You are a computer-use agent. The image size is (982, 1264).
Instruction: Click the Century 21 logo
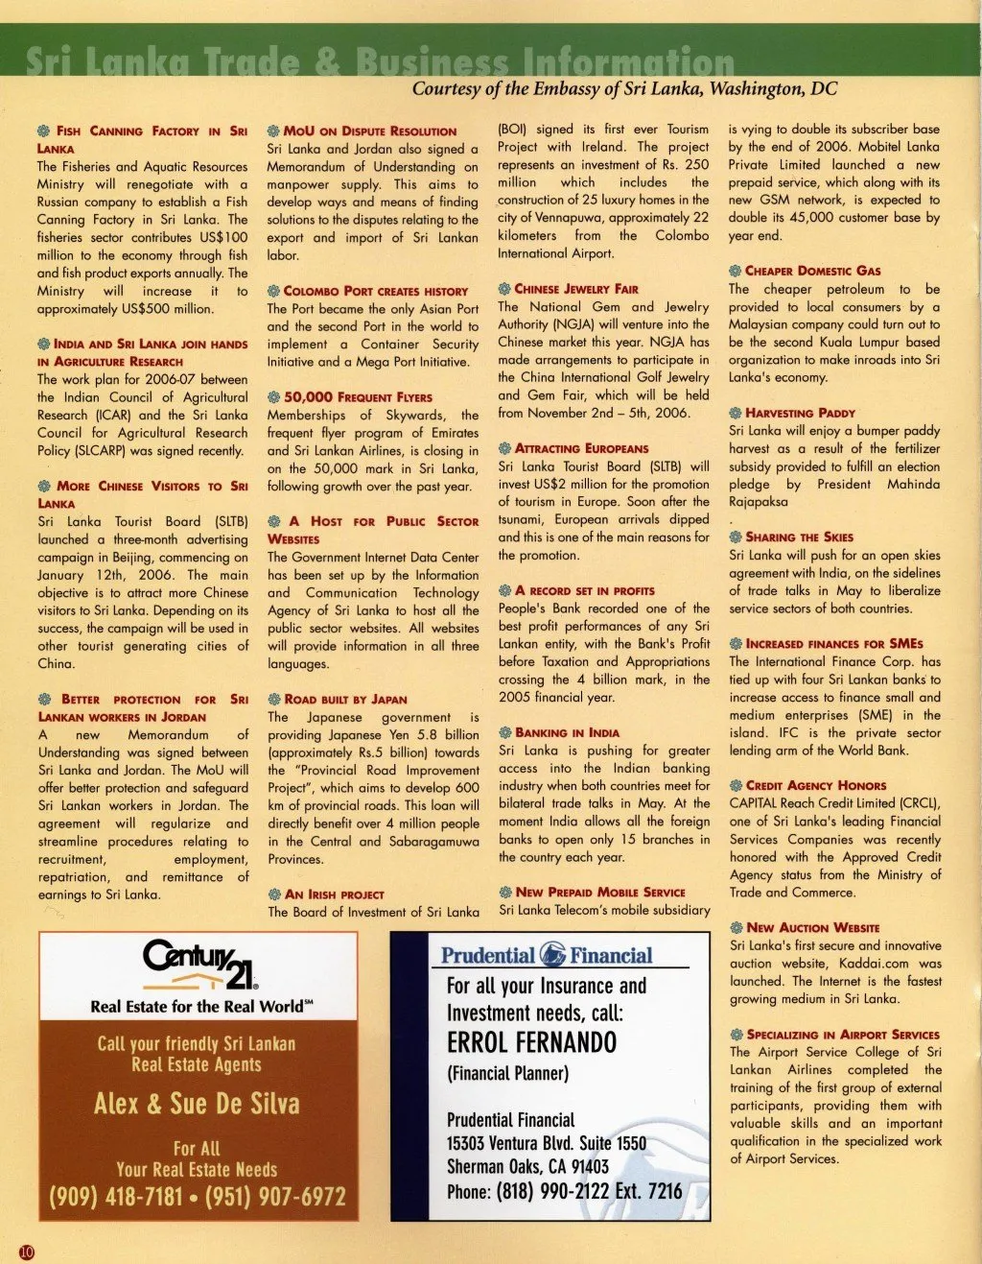199,964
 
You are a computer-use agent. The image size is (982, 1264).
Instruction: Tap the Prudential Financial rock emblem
553,955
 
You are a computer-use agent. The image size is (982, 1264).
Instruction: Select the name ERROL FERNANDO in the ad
531,1042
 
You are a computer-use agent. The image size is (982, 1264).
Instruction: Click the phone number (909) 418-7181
115,1197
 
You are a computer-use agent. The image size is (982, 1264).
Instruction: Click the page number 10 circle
26,1252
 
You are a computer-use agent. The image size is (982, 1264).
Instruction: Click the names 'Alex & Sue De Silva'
197,1104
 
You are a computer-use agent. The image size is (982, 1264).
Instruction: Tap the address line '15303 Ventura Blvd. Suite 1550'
547,1143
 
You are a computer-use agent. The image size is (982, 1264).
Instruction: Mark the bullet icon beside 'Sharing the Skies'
736,537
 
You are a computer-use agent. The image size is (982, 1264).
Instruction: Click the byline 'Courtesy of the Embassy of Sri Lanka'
624,89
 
